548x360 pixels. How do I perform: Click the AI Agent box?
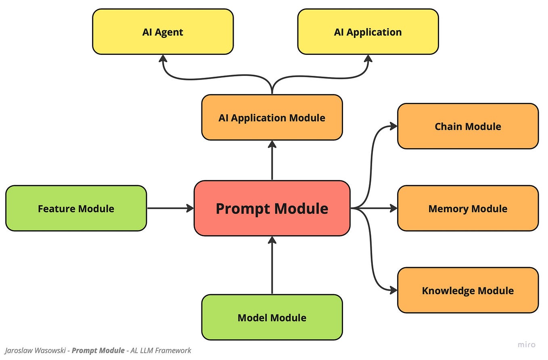coord(163,32)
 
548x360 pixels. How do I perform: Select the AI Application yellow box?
coord(368,32)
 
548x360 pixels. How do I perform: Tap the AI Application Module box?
coord(272,117)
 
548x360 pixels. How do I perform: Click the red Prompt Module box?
coord(272,208)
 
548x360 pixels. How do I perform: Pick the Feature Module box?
coord(76,208)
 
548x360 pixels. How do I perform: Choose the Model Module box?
coord(272,317)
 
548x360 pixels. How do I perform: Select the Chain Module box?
coord(468,126)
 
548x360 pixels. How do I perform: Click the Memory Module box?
coord(468,208)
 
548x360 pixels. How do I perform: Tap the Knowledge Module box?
coord(468,290)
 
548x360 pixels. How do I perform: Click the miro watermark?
coord(527,344)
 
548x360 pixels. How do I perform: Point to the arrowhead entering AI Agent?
coord(163,59)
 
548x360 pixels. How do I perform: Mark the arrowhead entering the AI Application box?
coord(368,59)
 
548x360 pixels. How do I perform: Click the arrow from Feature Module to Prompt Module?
coord(169,208)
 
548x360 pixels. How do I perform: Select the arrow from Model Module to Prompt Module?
coord(272,266)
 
